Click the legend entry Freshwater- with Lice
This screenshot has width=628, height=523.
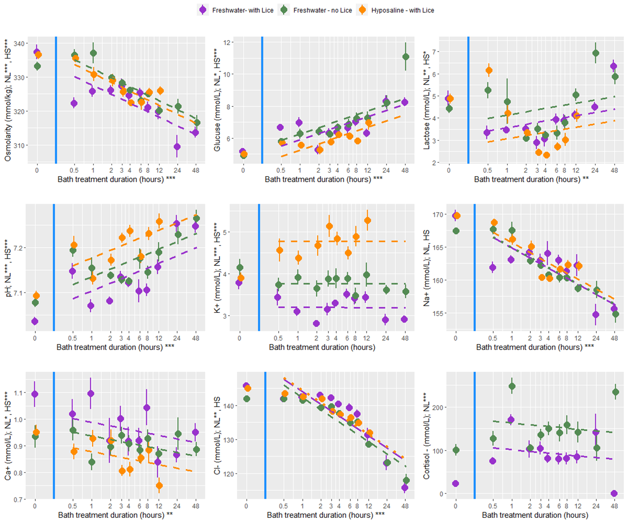(x=242, y=10)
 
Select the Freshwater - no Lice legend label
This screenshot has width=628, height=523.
(x=322, y=10)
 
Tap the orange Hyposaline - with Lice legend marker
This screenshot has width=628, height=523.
(x=362, y=10)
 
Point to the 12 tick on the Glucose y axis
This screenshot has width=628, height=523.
(x=227, y=43)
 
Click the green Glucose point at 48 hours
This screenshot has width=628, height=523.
(x=406, y=57)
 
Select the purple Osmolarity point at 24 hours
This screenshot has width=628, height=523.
(x=177, y=147)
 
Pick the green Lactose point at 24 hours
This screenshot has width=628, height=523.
(x=595, y=53)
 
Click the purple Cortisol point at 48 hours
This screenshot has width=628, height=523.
(x=614, y=493)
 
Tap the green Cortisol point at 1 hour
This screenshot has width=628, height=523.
(x=512, y=386)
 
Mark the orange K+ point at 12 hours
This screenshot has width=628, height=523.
(x=367, y=221)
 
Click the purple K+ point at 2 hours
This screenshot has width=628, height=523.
(x=316, y=324)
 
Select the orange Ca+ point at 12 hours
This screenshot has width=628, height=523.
(x=159, y=486)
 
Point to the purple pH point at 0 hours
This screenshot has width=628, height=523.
(x=35, y=321)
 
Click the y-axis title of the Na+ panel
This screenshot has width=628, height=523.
(x=427, y=268)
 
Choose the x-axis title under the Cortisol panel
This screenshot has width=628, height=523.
(x=535, y=515)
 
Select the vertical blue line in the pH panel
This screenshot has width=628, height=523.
(x=54, y=267)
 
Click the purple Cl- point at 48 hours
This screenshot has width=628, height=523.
(x=405, y=488)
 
